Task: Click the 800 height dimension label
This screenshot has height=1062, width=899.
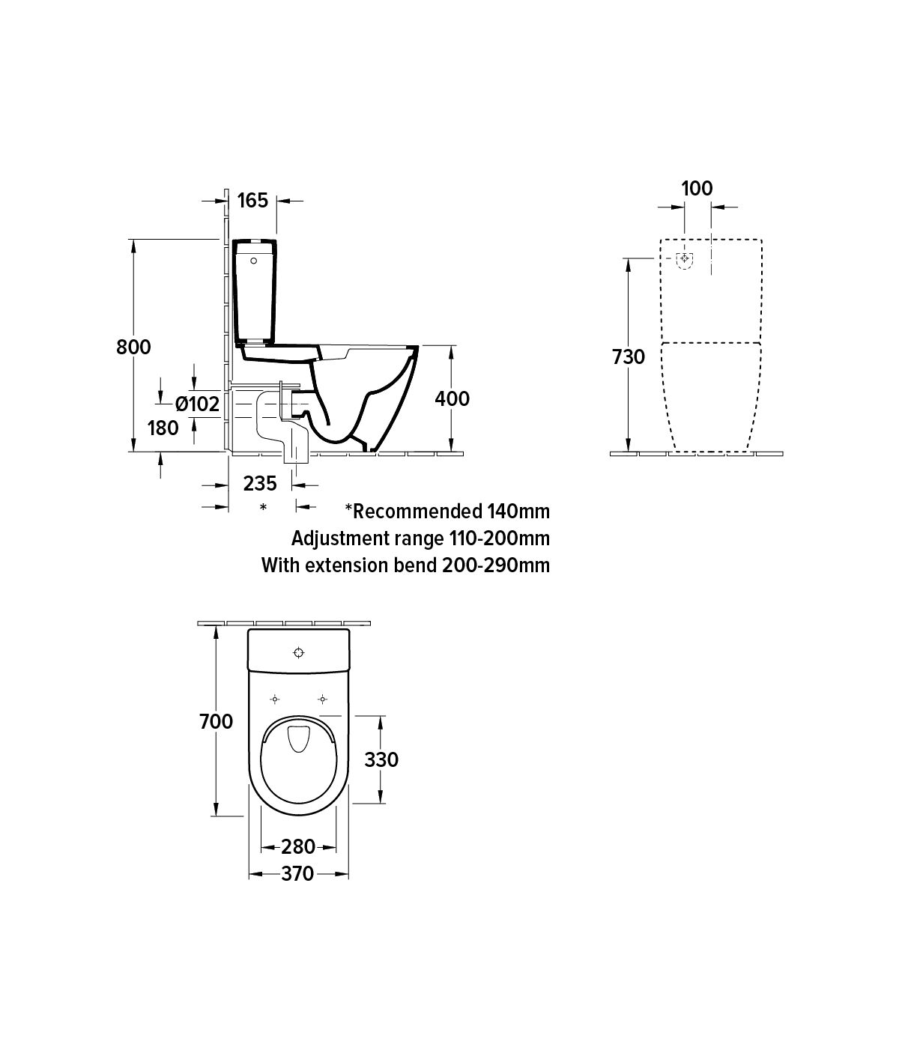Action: click(x=133, y=348)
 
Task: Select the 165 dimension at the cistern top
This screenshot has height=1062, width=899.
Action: click(x=252, y=201)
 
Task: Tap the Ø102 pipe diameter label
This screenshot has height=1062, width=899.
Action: click(x=197, y=404)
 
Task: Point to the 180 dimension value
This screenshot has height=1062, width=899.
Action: click(x=163, y=428)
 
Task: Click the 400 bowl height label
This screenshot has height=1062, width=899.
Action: click(x=452, y=398)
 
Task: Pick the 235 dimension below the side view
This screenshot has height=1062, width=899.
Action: click(x=260, y=484)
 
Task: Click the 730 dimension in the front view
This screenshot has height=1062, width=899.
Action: click(x=628, y=356)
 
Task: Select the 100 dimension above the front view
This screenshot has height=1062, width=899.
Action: click(x=697, y=189)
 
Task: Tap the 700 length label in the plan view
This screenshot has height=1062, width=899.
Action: click(x=216, y=722)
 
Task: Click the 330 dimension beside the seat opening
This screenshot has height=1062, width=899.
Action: click(x=381, y=759)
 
